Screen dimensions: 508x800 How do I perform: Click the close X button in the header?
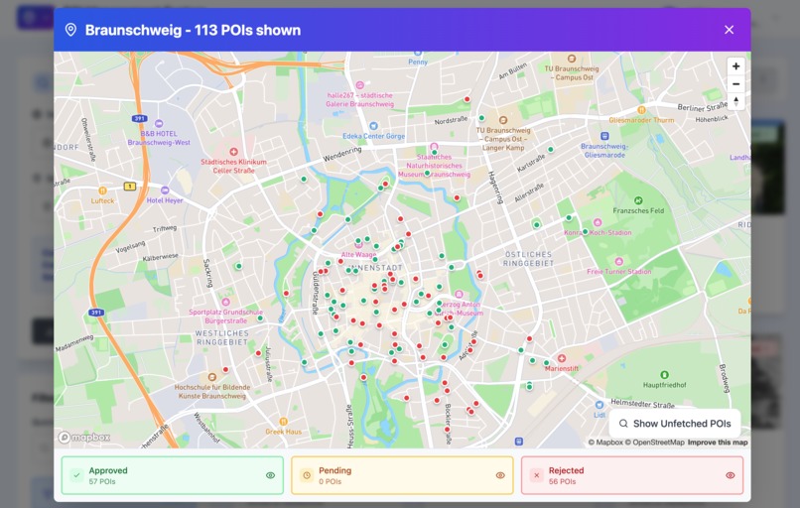(729, 30)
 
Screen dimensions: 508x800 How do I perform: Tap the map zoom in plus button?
(735, 66)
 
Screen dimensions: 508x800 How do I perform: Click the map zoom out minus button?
(735, 84)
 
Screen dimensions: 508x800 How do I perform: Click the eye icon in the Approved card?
(270, 475)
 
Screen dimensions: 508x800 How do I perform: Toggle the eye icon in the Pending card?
(500, 475)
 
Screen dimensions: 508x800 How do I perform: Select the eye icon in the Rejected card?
(731, 475)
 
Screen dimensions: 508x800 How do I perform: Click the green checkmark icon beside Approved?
(76, 475)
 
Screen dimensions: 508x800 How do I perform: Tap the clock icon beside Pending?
(307, 475)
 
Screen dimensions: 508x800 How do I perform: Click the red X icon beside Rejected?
(537, 475)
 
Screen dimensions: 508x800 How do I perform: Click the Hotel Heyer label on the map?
(165, 200)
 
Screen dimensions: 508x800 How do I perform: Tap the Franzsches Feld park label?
(638, 211)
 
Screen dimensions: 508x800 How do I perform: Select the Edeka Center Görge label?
(373, 136)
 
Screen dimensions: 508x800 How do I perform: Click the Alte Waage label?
(358, 255)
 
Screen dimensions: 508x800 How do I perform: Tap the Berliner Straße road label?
(703, 107)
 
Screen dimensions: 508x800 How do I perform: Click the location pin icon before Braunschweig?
(70, 30)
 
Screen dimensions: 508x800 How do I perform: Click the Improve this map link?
(718, 443)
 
